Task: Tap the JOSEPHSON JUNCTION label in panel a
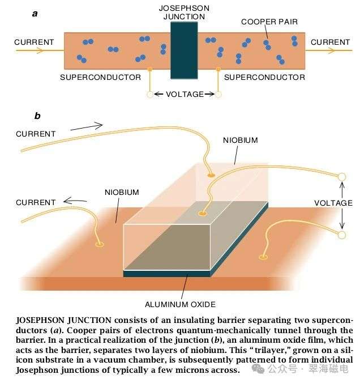184,12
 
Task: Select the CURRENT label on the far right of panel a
330,42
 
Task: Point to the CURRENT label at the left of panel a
34,42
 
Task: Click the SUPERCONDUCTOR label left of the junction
100,77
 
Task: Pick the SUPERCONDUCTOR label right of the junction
264,77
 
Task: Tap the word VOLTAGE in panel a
184,94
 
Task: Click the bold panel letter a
35,13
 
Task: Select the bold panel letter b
37,116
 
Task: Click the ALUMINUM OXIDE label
181,304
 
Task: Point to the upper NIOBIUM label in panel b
240,140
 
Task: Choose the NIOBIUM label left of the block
122,192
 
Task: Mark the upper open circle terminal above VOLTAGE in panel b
342,177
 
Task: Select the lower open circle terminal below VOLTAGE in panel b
342,234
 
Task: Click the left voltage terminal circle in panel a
151,95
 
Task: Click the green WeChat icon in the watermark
260,369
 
